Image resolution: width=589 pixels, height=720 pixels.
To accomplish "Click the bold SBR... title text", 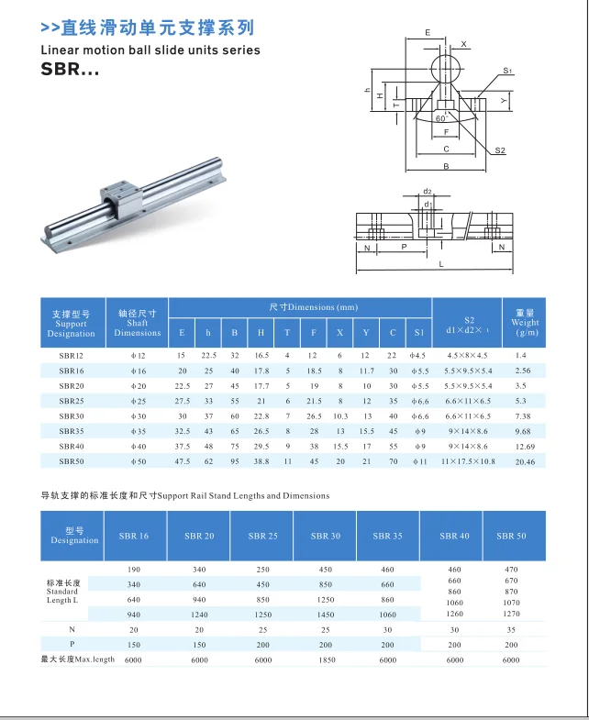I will [x=70, y=70].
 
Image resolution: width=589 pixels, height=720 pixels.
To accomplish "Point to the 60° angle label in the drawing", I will [x=441, y=119].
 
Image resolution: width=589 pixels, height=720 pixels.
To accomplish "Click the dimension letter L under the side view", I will [x=441, y=265].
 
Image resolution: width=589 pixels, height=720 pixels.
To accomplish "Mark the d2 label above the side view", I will [x=428, y=192].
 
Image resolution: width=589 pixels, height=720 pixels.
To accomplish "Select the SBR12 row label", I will [x=71, y=355].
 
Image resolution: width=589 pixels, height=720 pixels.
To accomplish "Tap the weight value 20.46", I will [x=524, y=461].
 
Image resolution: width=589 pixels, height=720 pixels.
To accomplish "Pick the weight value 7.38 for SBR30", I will [x=524, y=415].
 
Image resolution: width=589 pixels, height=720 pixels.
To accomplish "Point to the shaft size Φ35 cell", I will [x=137, y=431].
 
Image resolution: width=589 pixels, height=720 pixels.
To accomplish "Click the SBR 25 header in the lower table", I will [x=262, y=536].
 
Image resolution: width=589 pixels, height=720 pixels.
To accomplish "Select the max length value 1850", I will [x=325, y=659].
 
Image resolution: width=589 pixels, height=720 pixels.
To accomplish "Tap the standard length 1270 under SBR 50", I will [x=511, y=615].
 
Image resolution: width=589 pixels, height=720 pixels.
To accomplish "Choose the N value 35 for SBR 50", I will [x=511, y=629].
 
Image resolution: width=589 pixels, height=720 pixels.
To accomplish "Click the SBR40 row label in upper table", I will [x=71, y=446].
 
